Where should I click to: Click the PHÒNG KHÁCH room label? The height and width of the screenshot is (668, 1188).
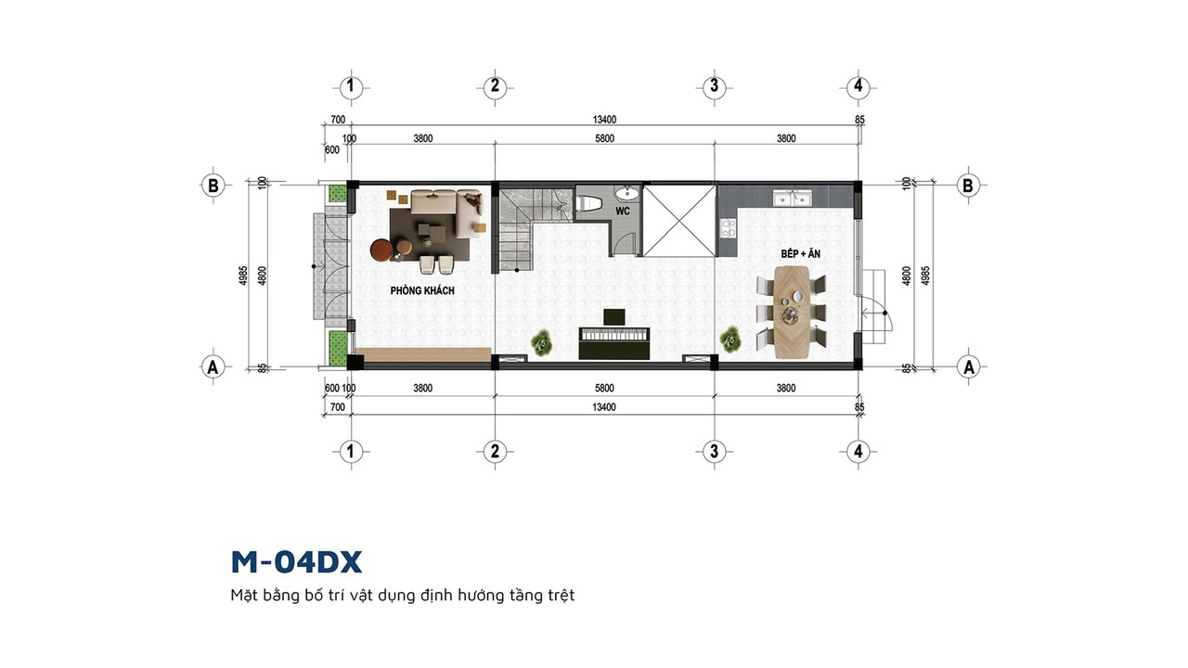tap(422, 290)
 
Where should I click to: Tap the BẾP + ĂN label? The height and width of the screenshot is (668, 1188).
tap(800, 253)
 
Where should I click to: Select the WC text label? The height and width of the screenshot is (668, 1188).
tap(623, 211)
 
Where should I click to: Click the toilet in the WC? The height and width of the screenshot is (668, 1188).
tap(588, 203)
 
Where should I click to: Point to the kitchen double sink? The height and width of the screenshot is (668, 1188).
tap(793, 198)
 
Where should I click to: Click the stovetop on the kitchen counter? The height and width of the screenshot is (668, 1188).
tap(729, 228)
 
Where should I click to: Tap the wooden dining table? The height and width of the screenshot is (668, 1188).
tap(792, 312)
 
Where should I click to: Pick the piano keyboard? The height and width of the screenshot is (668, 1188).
tap(614, 335)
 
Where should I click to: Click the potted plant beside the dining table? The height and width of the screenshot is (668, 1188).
tap(731, 339)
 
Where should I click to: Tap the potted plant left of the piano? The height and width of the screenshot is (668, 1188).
tap(541, 342)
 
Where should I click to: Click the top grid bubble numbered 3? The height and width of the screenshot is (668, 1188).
tap(714, 86)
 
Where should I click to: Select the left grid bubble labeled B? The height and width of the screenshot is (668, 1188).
tap(213, 186)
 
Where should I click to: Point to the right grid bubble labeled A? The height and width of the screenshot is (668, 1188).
tap(968, 366)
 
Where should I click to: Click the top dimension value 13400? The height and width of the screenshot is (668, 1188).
tap(604, 120)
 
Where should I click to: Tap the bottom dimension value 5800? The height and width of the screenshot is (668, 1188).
tap(604, 388)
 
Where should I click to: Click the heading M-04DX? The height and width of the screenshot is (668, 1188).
tap(296, 562)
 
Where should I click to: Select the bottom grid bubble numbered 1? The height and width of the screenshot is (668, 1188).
tap(350, 452)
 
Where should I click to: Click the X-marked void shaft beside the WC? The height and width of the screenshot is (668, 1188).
tap(678, 221)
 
